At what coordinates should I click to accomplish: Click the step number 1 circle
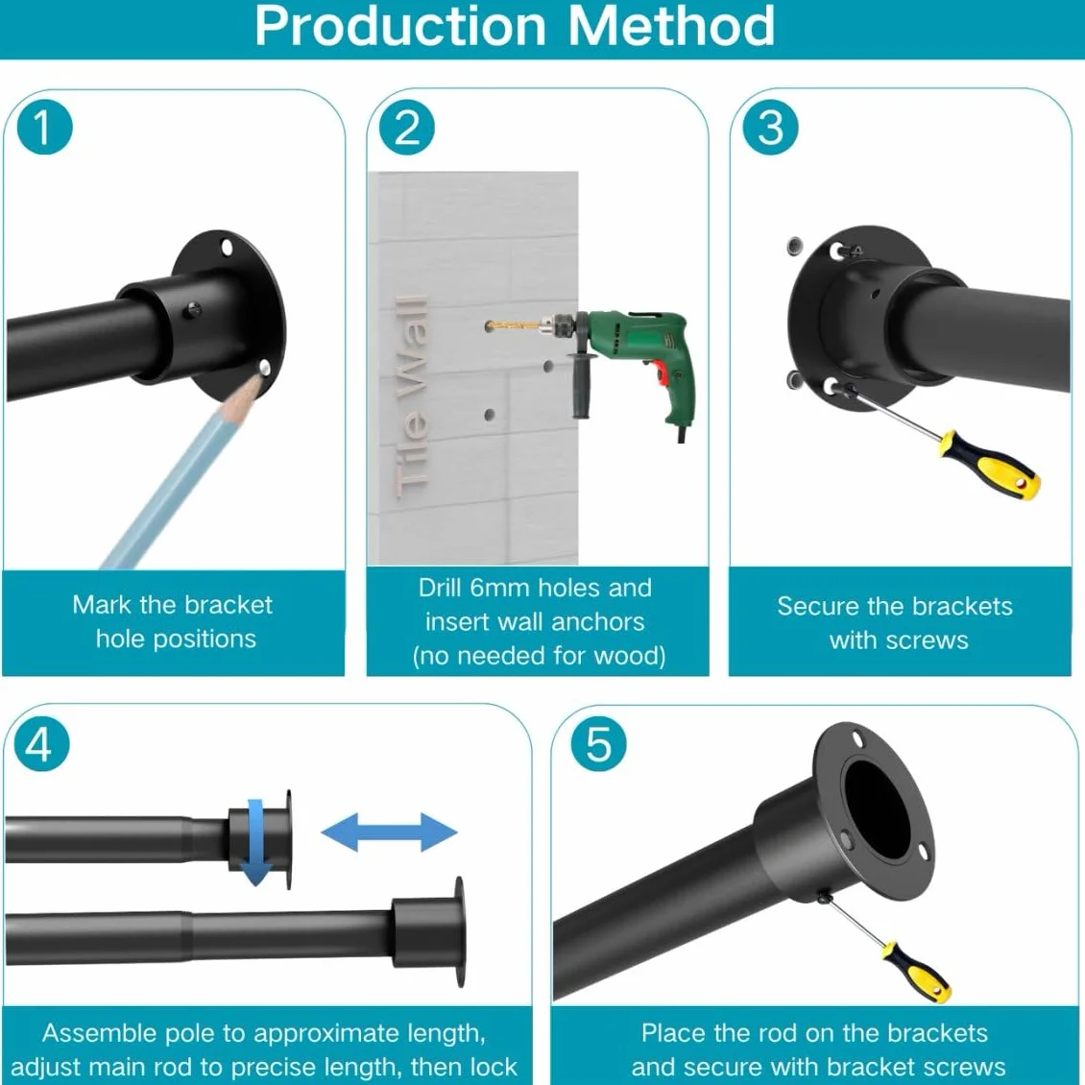44,128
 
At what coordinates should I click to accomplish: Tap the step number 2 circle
407,128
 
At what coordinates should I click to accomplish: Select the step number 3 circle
770,128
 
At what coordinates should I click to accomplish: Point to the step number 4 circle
41,744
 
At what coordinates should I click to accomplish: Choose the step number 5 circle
598,744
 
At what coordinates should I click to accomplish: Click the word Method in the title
670,26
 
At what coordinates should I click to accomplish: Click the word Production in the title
401,26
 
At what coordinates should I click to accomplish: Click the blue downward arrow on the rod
255,842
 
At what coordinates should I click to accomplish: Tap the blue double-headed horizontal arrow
389,832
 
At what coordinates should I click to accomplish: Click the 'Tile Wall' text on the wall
410,399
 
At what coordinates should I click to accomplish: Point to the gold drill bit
511,324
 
